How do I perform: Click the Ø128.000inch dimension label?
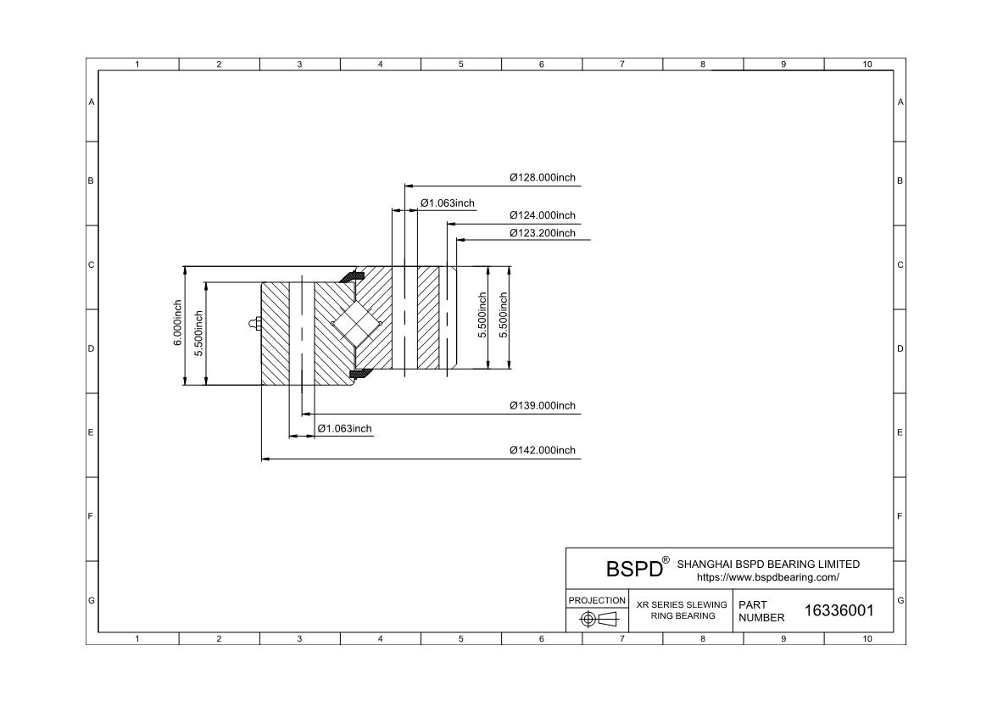543,178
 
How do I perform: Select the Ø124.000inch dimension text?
543,216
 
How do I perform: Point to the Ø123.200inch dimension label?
543,233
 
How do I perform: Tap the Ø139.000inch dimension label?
543,406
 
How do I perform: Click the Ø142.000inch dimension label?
543,450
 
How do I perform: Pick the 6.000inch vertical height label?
178,323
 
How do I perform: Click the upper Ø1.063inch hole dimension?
448,203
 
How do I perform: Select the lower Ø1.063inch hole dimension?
345,429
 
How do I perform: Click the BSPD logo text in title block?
634,569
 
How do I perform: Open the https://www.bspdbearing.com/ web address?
768,577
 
